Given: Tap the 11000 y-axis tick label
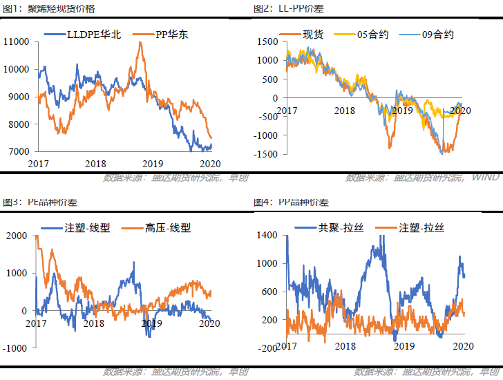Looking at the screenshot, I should tap(15, 42).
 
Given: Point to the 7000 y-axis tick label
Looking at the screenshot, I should tap(18, 151).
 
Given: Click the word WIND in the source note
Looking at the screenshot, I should tap(485, 178).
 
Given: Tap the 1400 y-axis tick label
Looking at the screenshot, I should tap(267, 236).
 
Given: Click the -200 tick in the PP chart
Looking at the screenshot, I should tap(267, 348).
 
